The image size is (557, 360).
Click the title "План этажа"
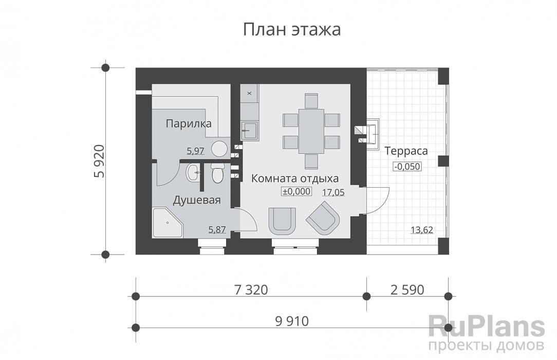(x=292, y=30)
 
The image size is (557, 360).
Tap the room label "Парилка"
(x=189, y=123)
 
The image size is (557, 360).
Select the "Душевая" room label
(x=197, y=200)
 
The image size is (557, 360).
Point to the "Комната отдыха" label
(x=295, y=178)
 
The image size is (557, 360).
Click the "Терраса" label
(x=406, y=151)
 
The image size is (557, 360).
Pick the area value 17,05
(x=333, y=193)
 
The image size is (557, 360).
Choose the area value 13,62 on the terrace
(x=422, y=230)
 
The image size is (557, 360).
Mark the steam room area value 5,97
(x=195, y=151)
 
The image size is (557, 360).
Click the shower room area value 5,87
(x=217, y=229)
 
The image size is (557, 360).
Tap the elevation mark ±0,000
(x=296, y=191)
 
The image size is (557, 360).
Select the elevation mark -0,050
(x=407, y=166)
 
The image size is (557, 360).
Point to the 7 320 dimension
(x=251, y=290)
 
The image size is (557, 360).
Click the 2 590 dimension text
(x=407, y=290)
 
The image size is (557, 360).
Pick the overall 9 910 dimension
(x=292, y=321)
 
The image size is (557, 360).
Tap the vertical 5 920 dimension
(x=100, y=161)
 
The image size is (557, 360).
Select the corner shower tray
(x=168, y=223)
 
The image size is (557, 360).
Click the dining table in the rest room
(x=311, y=131)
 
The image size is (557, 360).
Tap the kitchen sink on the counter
(x=250, y=130)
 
